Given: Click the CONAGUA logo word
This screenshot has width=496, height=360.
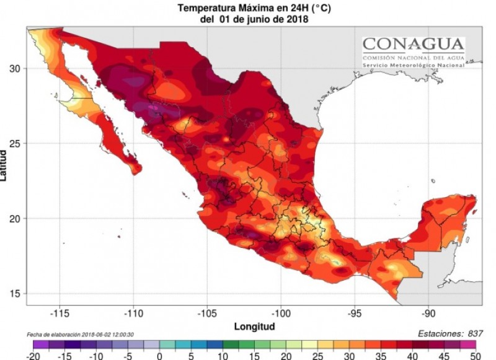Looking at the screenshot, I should pos(413,43).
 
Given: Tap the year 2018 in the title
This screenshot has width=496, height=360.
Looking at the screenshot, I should pos(297,19).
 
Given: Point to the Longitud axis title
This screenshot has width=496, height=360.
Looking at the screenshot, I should pos(254,326).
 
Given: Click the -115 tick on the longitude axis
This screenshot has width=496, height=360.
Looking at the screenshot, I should pos(60,312).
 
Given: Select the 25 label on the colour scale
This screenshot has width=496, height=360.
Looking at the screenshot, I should pos(319,356).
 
